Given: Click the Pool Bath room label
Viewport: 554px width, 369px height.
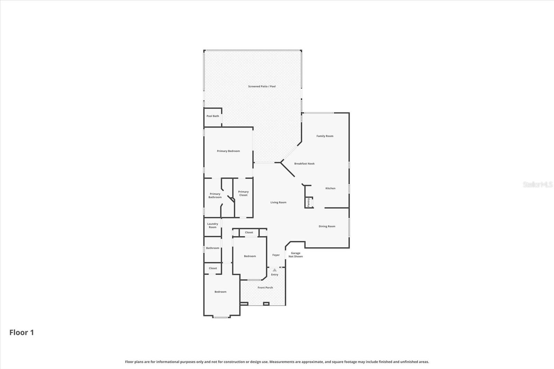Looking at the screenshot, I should click(213, 116).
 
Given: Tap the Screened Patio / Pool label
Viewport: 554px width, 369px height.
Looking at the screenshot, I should click(262, 86).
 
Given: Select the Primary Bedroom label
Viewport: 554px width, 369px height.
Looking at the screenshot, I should click(228, 151).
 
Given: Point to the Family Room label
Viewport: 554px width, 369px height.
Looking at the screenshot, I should click(325, 136).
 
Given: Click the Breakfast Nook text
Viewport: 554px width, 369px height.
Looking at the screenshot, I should click(304, 163).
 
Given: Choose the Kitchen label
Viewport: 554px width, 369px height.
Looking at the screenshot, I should click(330, 188).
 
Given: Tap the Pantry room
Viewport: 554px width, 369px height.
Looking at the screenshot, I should click(309, 202).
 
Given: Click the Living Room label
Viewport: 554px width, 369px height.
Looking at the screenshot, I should click(278, 202).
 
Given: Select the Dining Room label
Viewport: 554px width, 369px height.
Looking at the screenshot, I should click(327, 226).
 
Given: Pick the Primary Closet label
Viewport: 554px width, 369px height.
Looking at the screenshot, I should click(243, 193).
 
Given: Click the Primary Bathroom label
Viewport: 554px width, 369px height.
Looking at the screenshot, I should click(215, 196).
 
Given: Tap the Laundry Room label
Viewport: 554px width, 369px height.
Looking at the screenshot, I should click(213, 225).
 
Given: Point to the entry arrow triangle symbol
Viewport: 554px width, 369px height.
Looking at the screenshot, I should click(275, 270).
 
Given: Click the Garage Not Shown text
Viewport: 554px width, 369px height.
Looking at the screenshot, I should click(296, 255).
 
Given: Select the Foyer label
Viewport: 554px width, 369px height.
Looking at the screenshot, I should click(276, 255).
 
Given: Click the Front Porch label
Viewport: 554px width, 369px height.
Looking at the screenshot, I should click(265, 287).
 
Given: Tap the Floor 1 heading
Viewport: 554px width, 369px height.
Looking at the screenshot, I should click(21, 332).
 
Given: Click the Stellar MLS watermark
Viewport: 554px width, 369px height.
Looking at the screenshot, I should click(537, 184).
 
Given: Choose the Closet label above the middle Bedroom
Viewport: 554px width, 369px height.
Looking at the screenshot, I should click(249, 232).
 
